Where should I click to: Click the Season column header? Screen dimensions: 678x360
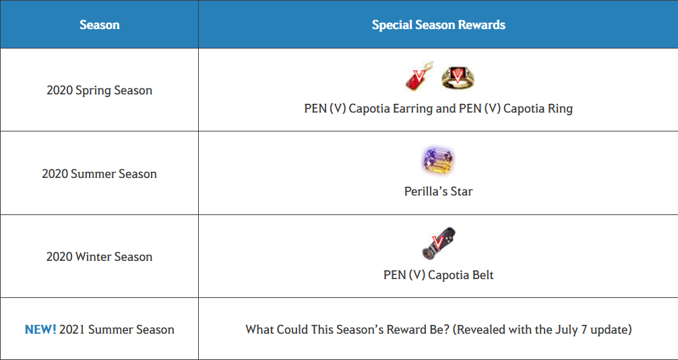pos(100,25)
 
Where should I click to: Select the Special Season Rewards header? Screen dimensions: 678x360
pos(439,25)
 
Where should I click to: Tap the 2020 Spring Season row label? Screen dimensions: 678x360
pos(100,91)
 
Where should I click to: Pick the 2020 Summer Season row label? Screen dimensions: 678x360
pos(100,174)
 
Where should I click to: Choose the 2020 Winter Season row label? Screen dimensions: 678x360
pos(100,257)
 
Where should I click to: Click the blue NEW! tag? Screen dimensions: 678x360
pos(40,330)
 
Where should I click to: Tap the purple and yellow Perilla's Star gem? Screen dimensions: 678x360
pos(438,160)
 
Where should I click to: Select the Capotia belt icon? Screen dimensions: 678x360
pos(439,243)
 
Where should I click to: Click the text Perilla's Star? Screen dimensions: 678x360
pos(439,191)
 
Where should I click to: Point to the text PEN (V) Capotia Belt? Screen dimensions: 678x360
pos(439,275)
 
